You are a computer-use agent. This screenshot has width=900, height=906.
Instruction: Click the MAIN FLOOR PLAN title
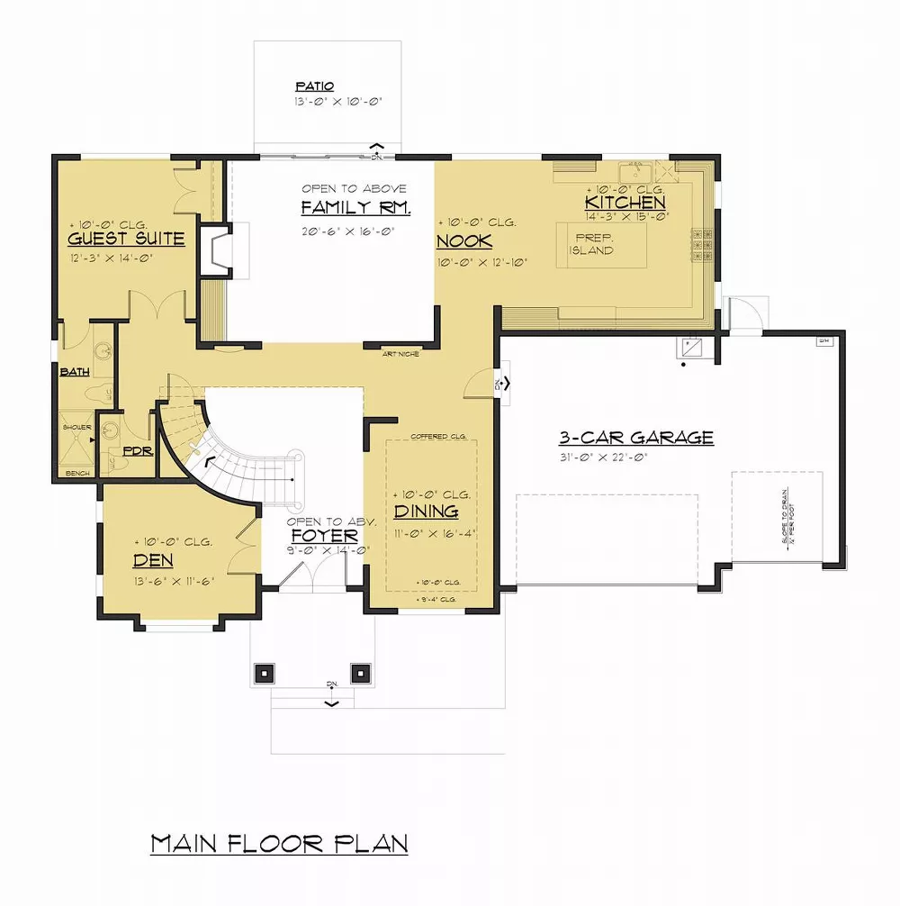(x=279, y=844)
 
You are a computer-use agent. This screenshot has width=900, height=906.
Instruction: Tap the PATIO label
(x=314, y=86)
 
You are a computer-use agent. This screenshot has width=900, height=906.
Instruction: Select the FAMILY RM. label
(x=355, y=209)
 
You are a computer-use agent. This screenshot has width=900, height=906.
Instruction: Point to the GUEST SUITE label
(x=126, y=239)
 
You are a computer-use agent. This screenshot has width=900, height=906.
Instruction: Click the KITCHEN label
(x=625, y=204)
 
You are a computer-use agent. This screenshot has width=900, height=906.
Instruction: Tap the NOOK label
(x=464, y=241)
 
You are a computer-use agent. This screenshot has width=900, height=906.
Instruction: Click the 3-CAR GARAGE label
(x=636, y=438)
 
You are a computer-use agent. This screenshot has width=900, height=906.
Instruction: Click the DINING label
(x=426, y=512)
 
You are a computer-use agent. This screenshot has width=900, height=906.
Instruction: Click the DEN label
(x=153, y=560)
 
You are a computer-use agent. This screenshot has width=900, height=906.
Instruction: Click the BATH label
(x=74, y=372)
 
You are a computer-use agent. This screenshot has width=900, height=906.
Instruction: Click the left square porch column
(x=265, y=672)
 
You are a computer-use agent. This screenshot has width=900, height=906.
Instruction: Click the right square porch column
(x=361, y=672)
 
